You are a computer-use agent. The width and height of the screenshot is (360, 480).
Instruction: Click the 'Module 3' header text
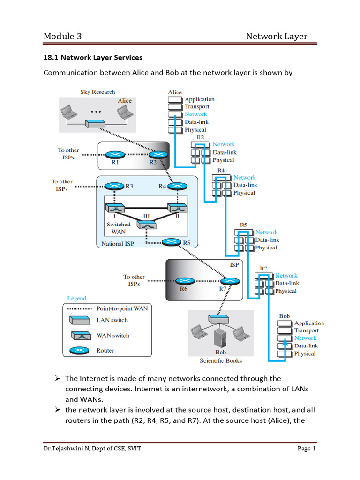coord(63,37)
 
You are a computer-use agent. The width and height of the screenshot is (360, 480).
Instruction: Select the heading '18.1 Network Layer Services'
coord(93,58)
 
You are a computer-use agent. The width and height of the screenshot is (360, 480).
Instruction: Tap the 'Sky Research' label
coord(97,92)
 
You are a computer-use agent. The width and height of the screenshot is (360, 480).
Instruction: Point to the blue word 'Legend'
coord(77,298)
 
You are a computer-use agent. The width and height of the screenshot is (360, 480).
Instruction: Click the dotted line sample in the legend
coord(78,308)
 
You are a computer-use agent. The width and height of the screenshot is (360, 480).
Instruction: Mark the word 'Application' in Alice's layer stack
coord(200,99)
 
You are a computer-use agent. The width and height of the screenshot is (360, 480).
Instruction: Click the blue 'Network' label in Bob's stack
coord(305,338)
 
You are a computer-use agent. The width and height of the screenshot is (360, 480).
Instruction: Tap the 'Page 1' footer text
coord(307,449)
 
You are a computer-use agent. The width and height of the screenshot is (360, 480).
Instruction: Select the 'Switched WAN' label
coord(119,228)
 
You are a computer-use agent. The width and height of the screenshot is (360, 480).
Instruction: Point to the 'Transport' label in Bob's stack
coord(307,330)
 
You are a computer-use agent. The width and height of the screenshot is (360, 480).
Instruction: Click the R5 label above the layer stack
coord(244,225)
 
